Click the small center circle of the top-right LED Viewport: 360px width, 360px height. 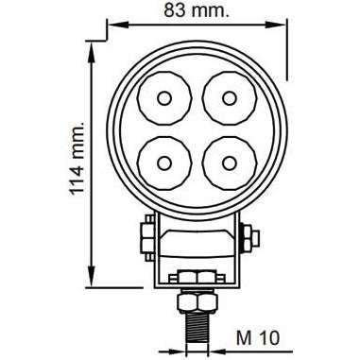click(227, 99)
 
